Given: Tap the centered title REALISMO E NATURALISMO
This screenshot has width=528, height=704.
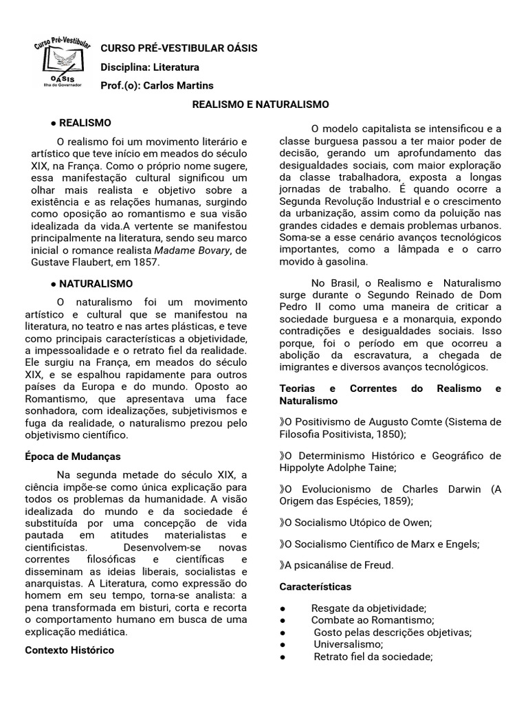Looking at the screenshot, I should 260,104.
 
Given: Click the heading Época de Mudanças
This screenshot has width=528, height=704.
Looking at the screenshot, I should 72,456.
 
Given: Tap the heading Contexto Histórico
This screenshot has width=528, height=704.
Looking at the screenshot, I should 69,650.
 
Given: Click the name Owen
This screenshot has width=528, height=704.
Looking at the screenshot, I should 419,522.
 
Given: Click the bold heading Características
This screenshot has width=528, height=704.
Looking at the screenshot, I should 315,586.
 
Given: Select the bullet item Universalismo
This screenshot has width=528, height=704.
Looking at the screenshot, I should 348,644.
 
